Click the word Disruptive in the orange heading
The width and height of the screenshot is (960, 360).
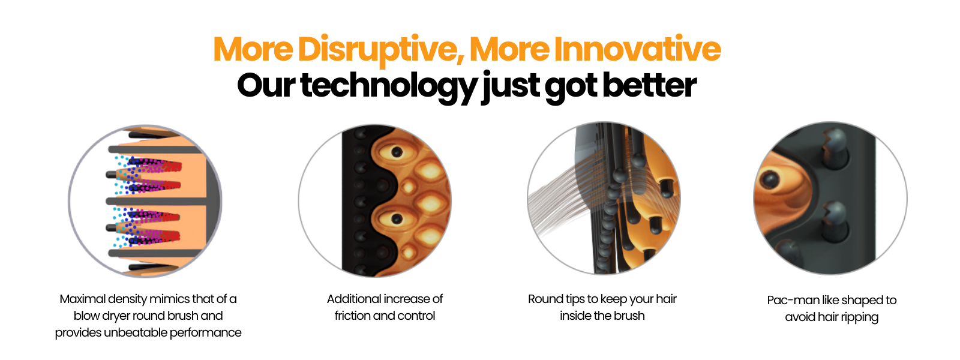[377, 50]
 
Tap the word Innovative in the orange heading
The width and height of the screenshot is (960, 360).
[638, 49]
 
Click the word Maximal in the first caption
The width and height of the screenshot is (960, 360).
[82, 299]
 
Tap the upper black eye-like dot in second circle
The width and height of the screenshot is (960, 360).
[397, 152]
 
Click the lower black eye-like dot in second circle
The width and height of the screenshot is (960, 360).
[397, 219]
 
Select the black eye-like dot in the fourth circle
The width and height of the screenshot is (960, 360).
[770, 179]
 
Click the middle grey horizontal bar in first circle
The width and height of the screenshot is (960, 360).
[156, 201]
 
